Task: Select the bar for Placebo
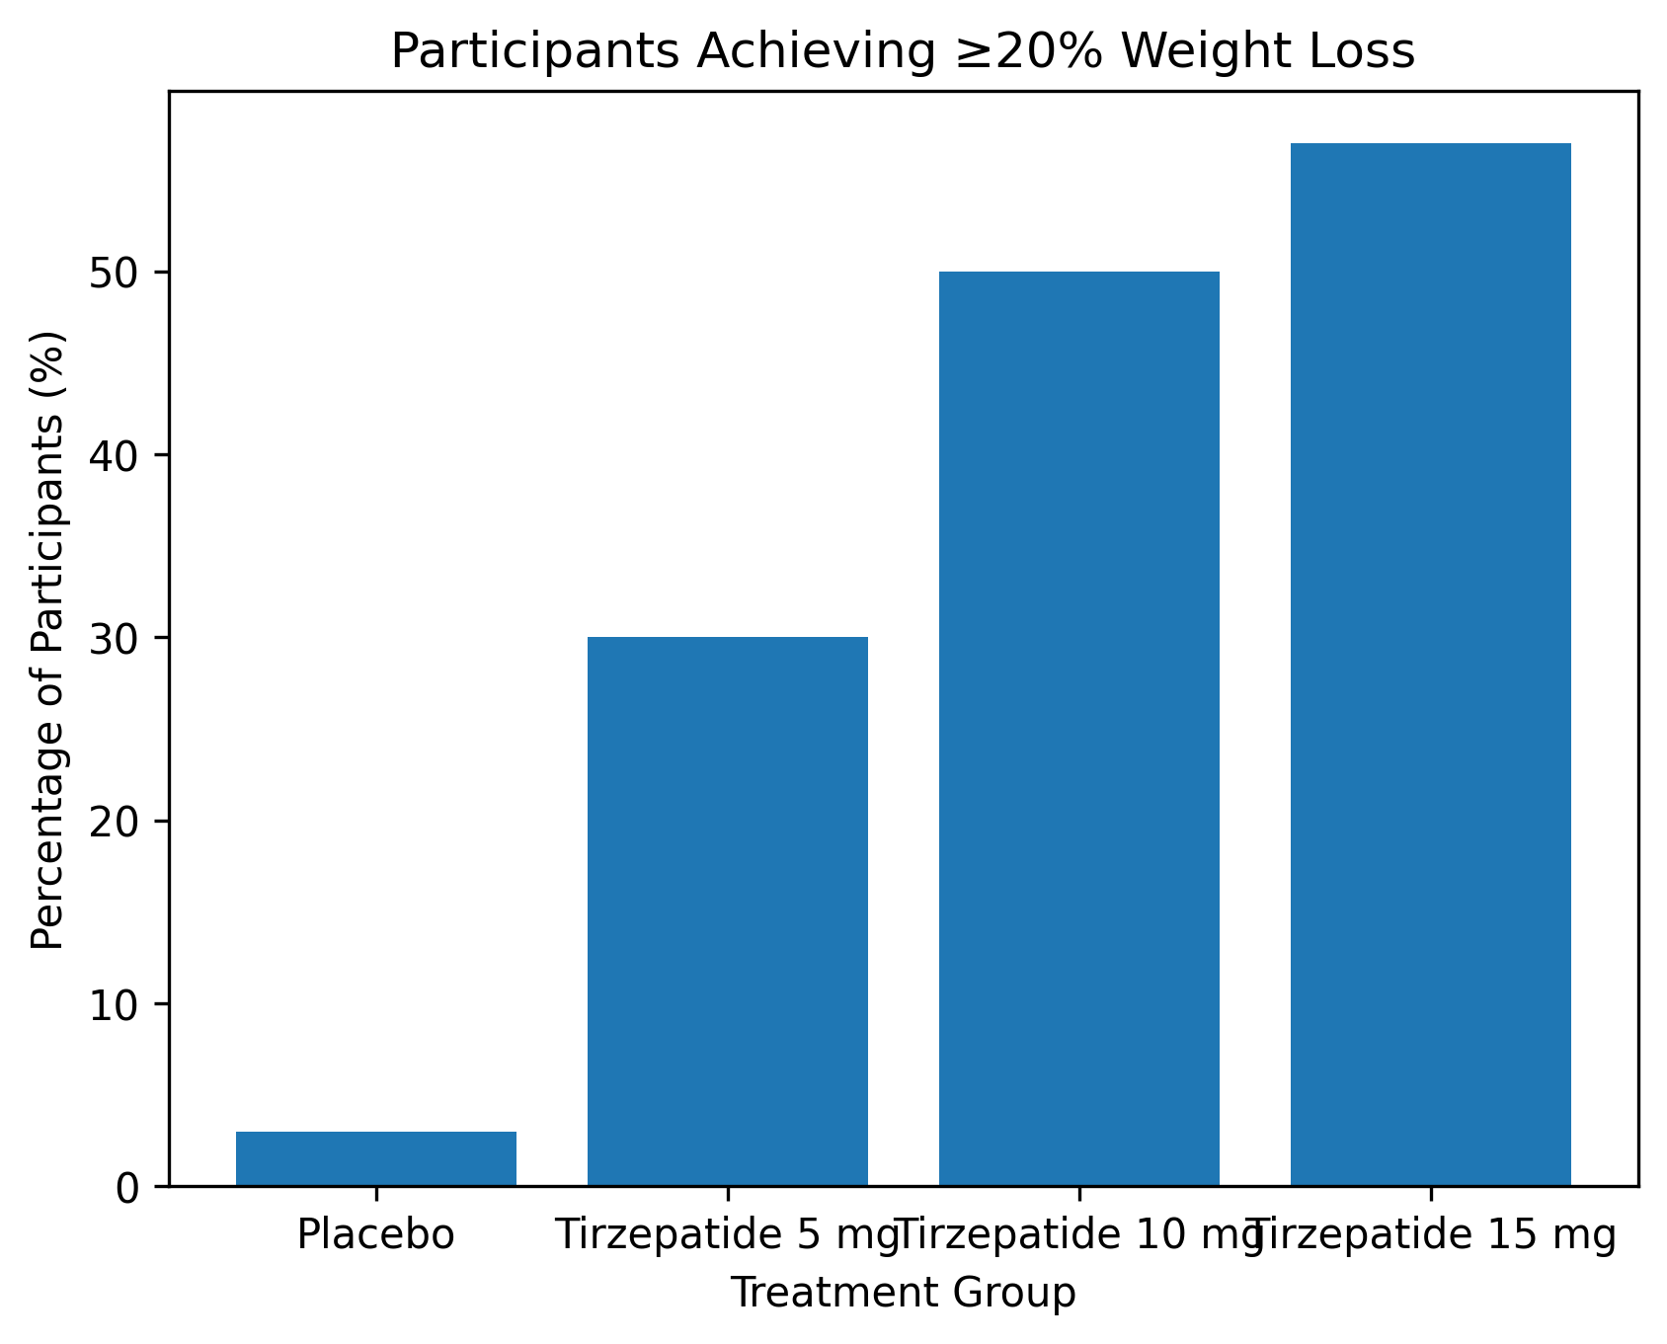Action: click(x=375, y=1158)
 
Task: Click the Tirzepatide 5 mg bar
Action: click(x=727, y=910)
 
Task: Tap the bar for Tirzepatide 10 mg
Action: click(x=1078, y=728)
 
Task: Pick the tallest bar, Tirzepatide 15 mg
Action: click(x=1430, y=664)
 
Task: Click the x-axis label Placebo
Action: click(x=375, y=1235)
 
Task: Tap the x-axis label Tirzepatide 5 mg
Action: click(x=727, y=1235)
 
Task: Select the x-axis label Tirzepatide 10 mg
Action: click(x=1078, y=1235)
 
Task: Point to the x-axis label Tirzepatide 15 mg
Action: click(x=1432, y=1235)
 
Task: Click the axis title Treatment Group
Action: click(x=903, y=1293)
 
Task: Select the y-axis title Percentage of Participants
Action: click(x=47, y=640)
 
